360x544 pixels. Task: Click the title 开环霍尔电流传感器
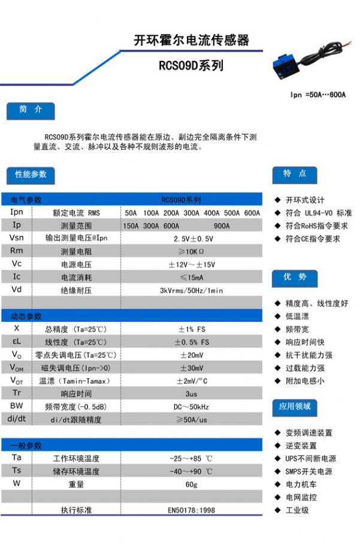191,40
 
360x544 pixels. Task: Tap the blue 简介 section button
31,111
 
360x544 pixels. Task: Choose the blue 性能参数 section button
31,175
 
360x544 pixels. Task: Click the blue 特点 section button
295,174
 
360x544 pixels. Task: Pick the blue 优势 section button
295,278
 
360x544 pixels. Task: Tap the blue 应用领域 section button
295,407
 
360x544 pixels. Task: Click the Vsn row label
17,238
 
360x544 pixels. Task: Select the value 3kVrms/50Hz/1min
191,291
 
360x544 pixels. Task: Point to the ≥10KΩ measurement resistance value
191,251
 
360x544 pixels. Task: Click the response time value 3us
191,394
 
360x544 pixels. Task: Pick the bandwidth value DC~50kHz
191,407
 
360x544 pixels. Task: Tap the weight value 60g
191,484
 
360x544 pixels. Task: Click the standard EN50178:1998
191,510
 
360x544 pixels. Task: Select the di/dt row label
17,419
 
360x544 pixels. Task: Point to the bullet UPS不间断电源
310,458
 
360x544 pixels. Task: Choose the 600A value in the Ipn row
252,213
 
